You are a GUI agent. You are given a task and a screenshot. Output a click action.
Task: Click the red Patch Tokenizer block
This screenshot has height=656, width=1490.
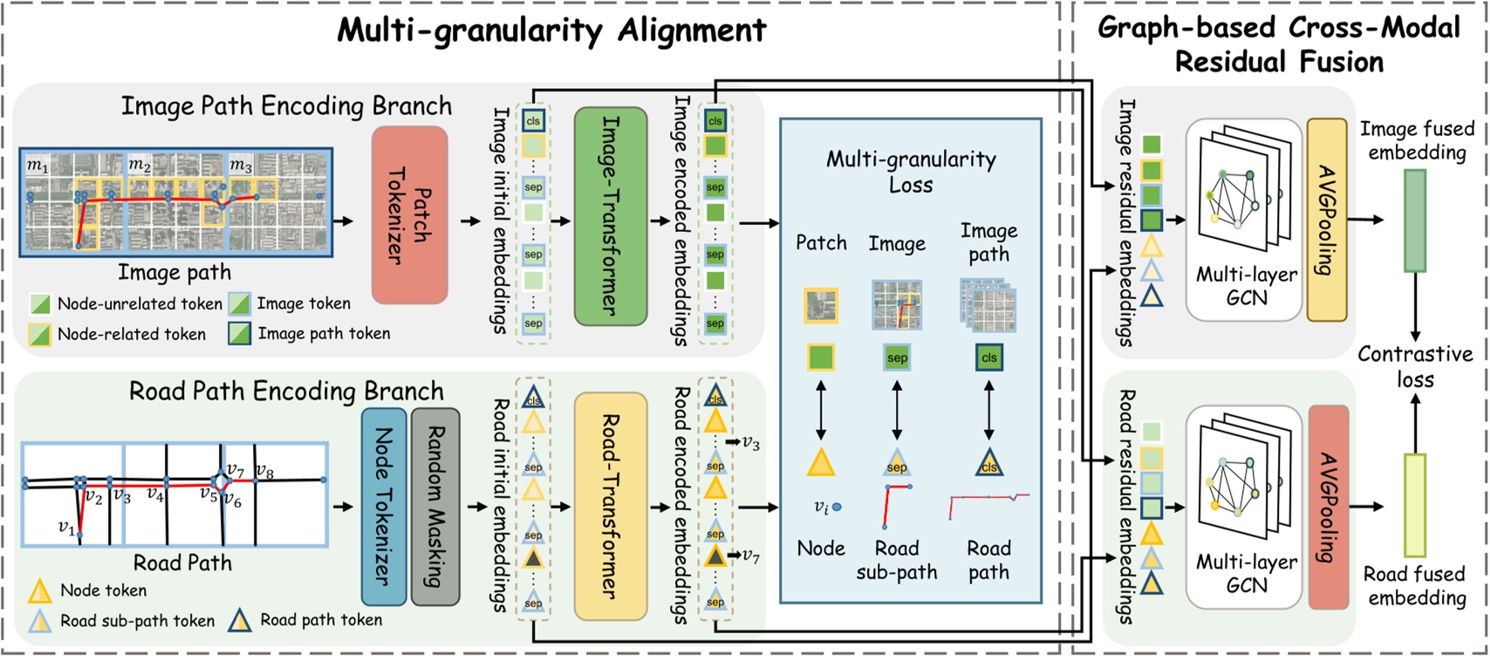[409, 215]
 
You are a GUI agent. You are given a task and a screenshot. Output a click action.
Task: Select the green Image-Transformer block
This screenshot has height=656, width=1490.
[610, 215]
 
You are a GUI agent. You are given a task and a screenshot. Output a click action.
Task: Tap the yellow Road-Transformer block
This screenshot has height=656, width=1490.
[610, 505]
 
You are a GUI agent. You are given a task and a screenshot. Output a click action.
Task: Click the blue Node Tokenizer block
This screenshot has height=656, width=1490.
[384, 506]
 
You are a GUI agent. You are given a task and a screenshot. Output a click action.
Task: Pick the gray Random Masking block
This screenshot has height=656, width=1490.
[434, 506]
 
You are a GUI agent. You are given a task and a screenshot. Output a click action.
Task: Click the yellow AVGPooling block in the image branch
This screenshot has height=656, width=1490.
[1327, 219]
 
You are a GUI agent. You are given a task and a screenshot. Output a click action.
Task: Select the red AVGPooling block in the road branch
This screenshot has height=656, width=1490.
[1328, 507]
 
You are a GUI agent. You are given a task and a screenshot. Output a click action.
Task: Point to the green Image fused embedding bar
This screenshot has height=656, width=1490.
[1414, 220]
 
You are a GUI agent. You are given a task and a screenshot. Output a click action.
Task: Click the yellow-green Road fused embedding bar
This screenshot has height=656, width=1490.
[1414, 505]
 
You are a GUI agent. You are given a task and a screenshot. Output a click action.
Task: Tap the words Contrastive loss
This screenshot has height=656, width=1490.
[1414, 366]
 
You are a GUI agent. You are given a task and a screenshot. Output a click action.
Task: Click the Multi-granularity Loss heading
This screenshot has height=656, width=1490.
[911, 172]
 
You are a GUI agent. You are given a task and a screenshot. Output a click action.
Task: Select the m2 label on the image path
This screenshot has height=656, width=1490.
[140, 164]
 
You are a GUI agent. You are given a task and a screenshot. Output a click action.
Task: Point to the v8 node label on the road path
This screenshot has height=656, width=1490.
[264, 472]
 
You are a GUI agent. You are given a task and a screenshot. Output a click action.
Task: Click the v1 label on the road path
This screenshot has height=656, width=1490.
[66, 527]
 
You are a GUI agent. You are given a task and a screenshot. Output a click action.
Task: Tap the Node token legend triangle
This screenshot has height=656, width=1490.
[39, 591]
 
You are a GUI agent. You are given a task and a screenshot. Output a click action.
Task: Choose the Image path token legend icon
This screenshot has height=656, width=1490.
[239, 333]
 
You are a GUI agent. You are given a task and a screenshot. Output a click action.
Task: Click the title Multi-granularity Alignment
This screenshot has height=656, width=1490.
[551, 31]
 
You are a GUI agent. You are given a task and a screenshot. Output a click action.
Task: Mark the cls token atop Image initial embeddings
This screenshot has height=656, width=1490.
[533, 120]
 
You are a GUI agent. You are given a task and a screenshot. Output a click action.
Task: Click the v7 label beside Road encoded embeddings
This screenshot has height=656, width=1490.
[749, 555]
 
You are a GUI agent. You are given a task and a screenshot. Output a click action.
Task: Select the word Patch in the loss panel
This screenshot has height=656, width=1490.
[821, 243]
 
